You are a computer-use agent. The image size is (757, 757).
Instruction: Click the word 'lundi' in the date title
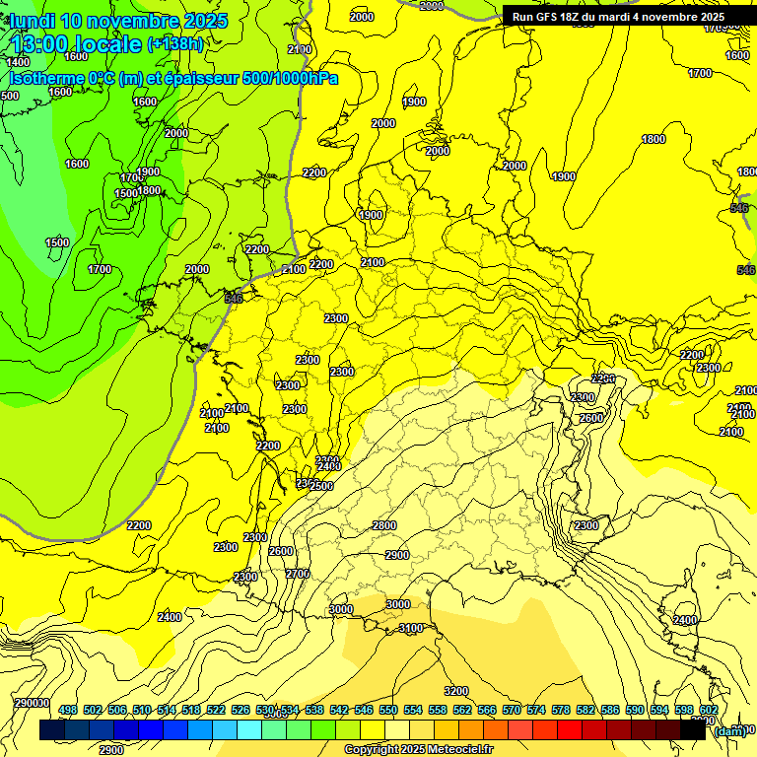coord(33,20)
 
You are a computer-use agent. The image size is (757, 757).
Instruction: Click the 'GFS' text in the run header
coord(552,17)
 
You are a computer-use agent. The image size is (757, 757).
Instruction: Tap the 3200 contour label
coord(456,691)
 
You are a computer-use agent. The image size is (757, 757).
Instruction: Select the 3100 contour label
coord(411,628)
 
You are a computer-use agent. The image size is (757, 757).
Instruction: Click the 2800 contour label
coord(384,526)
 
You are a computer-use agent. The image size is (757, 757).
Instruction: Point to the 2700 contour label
coord(298,574)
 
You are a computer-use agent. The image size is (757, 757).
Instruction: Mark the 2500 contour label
coord(321,486)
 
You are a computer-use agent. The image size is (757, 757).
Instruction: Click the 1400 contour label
coord(18,62)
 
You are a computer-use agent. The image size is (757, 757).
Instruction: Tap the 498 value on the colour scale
coord(68,711)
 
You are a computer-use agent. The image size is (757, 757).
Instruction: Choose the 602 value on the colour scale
coord(709,711)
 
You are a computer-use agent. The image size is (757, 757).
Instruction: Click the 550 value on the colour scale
coord(388,711)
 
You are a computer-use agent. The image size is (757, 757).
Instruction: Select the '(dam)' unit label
coord(730,730)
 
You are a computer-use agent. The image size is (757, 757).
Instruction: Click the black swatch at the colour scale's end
coord(694,730)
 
